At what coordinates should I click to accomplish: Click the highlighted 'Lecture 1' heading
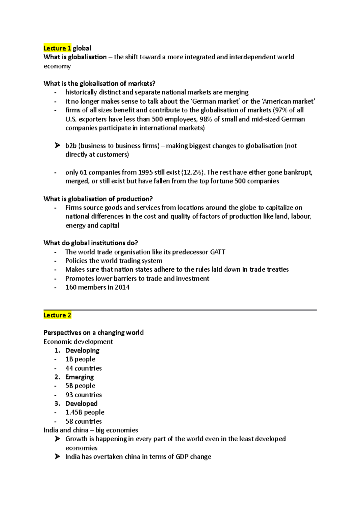click(x=57, y=48)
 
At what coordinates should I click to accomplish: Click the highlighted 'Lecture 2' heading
click(x=57, y=315)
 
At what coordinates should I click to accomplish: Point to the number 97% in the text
click(x=281, y=110)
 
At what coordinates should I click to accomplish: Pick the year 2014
click(x=122, y=287)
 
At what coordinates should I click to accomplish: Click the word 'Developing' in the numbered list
click(x=82, y=350)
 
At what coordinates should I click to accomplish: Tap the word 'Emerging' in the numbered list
click(x=79, y=377)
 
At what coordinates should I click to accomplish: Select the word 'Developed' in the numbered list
click(x=81, y=403)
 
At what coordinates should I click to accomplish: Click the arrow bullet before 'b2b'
click(x=57, y=146)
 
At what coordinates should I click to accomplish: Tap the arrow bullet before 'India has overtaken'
click(x=57, y=457)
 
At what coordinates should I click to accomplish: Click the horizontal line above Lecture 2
click(x=180, y=310)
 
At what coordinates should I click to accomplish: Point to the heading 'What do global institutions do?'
click(x=91, y=243)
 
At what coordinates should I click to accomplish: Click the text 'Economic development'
click(x=78, y=342)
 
